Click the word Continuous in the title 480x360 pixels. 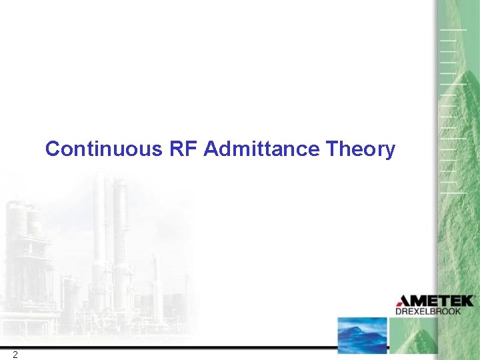tap(103, 149)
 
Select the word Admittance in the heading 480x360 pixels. tap(263, 149)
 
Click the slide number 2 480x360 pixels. tap(15, 354)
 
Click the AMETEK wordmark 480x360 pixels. tap(435, 301)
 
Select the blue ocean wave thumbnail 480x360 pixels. tap(362, 335)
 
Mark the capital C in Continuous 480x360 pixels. tap(52, 149)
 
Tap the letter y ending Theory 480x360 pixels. tap(390, 151)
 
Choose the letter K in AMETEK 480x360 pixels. tap(467, 301)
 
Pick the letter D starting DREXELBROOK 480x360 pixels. tap(399, 311)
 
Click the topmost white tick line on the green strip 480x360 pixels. tap(452, 30)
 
